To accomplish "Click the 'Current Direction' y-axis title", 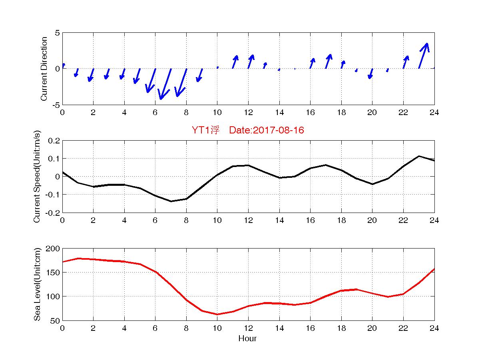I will (44, 69).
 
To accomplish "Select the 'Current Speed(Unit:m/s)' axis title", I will (37, 177).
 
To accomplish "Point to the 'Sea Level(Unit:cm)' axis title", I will (37, 284).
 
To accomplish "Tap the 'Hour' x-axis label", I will (247, 339).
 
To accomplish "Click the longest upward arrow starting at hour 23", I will (423, 56).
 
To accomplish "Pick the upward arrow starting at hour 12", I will (251, 62).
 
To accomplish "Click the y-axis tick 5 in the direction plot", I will (57, 33).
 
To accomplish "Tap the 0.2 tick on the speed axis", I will (54, 141).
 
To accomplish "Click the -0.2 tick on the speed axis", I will (53, 213).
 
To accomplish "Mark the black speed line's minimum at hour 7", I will (171, 201).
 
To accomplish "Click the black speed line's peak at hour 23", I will (419, 156).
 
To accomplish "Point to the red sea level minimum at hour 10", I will (217, 314).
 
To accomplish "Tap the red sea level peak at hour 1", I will (78, 259).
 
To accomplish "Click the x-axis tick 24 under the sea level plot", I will (434, 328).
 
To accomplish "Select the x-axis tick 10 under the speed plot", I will (217, 220).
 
